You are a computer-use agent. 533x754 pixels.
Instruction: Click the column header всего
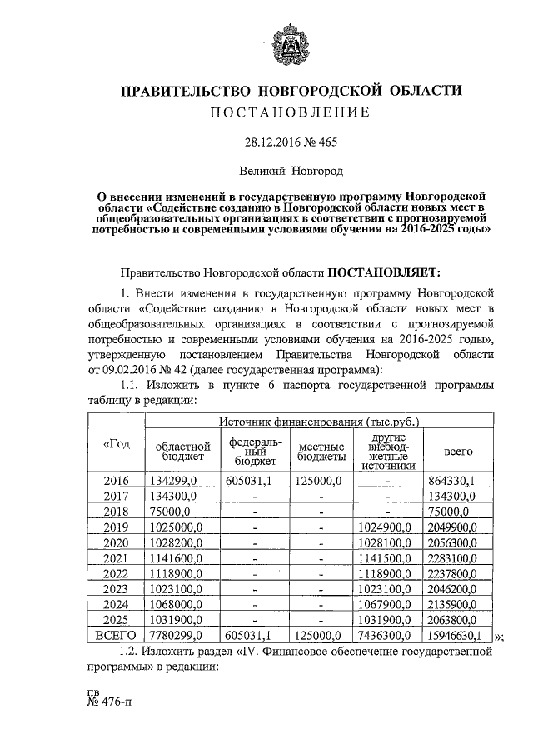(x=457, y=451)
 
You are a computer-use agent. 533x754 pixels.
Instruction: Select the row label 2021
(x=116, y=557)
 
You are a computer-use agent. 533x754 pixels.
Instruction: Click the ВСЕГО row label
(x=116, y=635)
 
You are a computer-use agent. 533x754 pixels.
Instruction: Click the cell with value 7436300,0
(x=386, y=635)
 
